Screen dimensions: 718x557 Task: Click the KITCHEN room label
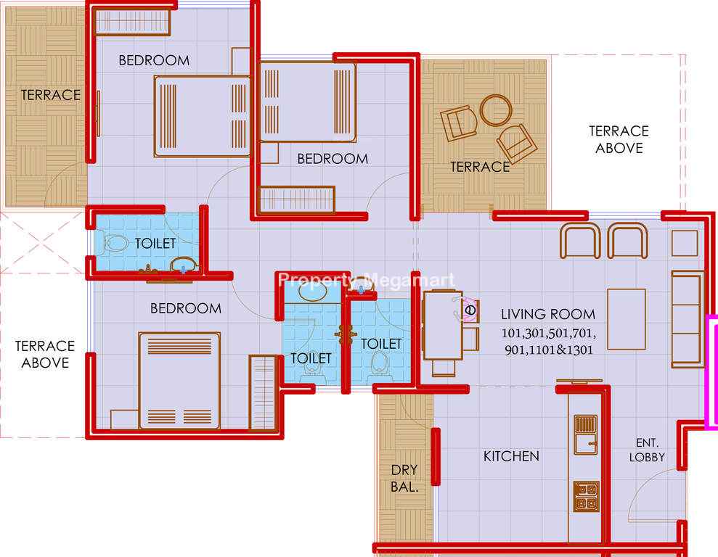click(511, 456)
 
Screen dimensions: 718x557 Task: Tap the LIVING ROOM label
click(548, 314)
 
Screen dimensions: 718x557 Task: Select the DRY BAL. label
click(404, 479)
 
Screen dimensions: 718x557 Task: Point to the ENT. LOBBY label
click(647, 450)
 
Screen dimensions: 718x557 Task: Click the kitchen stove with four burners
click(586, 496)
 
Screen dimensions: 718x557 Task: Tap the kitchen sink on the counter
click(586, 434)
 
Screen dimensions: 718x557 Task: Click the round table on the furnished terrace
click(495, 110)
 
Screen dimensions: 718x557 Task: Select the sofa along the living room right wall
click(687, 319)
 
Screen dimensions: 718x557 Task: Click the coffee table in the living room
click(627, 318)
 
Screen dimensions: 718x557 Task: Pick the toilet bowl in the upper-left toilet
click(115, 243)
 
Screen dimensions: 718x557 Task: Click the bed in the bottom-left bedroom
click(179, 381)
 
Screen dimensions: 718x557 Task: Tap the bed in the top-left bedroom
click(203, 117)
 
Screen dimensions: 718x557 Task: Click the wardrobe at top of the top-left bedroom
click(132, 21)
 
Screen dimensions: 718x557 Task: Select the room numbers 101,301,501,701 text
click(549, 333)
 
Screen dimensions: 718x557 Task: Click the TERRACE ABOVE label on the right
click(619, 139)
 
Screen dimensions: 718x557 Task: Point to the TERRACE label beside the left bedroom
click(50, 95)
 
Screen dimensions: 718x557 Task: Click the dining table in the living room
click(443, 325)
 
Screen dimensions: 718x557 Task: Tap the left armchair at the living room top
click(580, 241)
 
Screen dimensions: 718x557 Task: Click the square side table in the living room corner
click(685, 243)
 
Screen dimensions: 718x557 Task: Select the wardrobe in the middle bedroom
click(297, 199)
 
